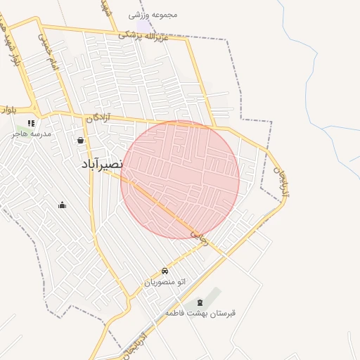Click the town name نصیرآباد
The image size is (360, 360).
pos(103,164)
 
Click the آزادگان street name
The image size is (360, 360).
pos(99,117)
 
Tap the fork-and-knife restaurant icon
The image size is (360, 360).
pos(30,123)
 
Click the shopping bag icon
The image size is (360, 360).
pos(81,140)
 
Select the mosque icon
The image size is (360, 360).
pos(62,205)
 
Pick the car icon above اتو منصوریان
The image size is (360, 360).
pos(165,271)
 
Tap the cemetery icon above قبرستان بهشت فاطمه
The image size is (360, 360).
pos(200,302)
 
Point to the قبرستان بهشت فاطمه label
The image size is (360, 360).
pos(200,312)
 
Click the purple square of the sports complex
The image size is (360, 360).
pos(144,26)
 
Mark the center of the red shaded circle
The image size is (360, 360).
pos(180,180)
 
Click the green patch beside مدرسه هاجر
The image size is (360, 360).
pos(19,130)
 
